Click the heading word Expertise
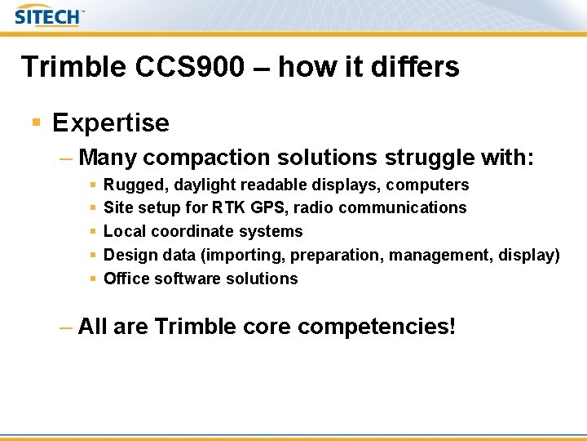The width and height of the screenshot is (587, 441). pyautogui.click(x=111, y=123)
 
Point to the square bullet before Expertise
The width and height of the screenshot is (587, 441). pyautogui.click(x=36, y=123)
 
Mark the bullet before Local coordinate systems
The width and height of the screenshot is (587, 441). pyautogui.click(x=94, y=232)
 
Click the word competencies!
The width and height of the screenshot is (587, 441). pyautogui.click(x=377, y=327)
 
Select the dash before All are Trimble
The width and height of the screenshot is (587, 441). pyautogui.click(x=67, y=327)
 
